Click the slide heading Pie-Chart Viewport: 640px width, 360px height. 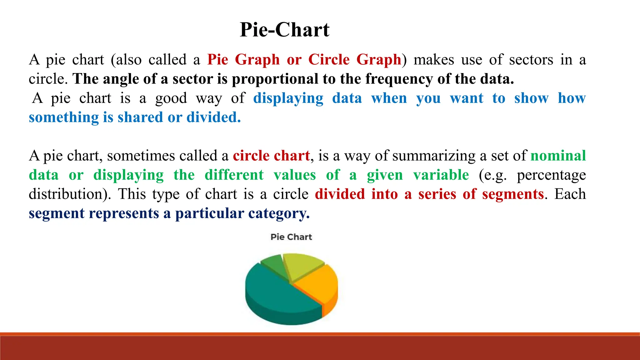284,30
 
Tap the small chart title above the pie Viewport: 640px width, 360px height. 291,237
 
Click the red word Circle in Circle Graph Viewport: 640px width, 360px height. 329,59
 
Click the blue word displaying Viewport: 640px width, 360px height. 288,98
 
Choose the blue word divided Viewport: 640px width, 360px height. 213,117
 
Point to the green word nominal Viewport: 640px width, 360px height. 558,156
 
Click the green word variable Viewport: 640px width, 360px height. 441,175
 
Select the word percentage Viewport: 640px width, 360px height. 551,175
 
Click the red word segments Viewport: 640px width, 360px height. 513,194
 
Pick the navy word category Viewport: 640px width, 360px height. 279,213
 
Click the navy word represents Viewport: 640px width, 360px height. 124,213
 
